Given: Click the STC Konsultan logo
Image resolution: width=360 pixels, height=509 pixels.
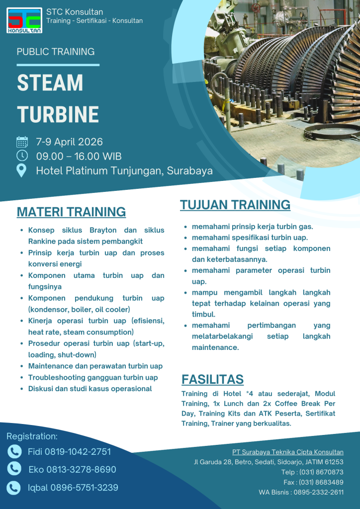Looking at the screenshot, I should coord(24,20).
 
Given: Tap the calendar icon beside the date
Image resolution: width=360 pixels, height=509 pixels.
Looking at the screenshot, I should coord(22,142).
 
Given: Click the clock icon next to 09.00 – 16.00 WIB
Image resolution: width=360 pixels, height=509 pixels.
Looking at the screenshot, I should coord(22,156).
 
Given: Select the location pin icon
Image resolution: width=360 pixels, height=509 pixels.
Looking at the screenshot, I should coord(22,170).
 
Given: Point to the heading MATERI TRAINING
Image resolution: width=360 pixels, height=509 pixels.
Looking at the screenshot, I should coord(71,212).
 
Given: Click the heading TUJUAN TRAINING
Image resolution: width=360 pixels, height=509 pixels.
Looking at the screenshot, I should coord(235,204).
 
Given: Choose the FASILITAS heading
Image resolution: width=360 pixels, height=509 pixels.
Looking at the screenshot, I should coord(212,379).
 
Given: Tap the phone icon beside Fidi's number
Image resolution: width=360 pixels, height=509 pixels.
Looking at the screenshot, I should coord(14,451).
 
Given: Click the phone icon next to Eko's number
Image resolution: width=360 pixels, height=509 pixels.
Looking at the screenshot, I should coord(14,469).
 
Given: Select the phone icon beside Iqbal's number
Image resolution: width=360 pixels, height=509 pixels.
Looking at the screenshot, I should coord(14,487).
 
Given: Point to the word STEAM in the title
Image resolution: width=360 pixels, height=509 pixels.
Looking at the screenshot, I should coord(50,83).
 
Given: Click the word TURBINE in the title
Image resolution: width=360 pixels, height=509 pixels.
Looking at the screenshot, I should coord(58,114).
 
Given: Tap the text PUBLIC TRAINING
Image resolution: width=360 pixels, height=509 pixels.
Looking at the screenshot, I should coord(56,52).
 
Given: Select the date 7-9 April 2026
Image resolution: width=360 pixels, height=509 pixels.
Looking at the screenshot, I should coord(70,142).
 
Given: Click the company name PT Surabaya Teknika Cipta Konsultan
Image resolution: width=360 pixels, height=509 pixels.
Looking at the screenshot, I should coord(287,452).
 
